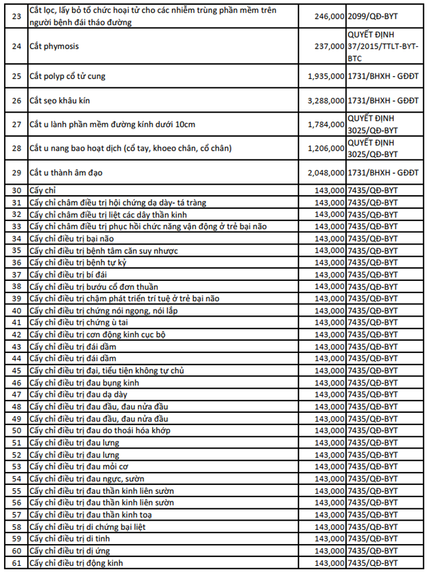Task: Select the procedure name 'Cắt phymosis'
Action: pyautogui.click(x=54, y=46)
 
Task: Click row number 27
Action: pyautogui.click(x=16, y=124)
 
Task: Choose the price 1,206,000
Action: pyautogui.click(x=326, y=148)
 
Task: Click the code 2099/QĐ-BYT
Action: pyautogui.click(x=372, y=16)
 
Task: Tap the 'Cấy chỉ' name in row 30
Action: pyautogui.click(x=43, y=190)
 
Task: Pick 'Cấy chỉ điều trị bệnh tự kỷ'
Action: pyautogui.click(x=78, y=262)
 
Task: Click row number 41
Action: pyautogui.click(x=16, y=322)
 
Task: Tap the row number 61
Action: pyautogui.click(x=16, y=563)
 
